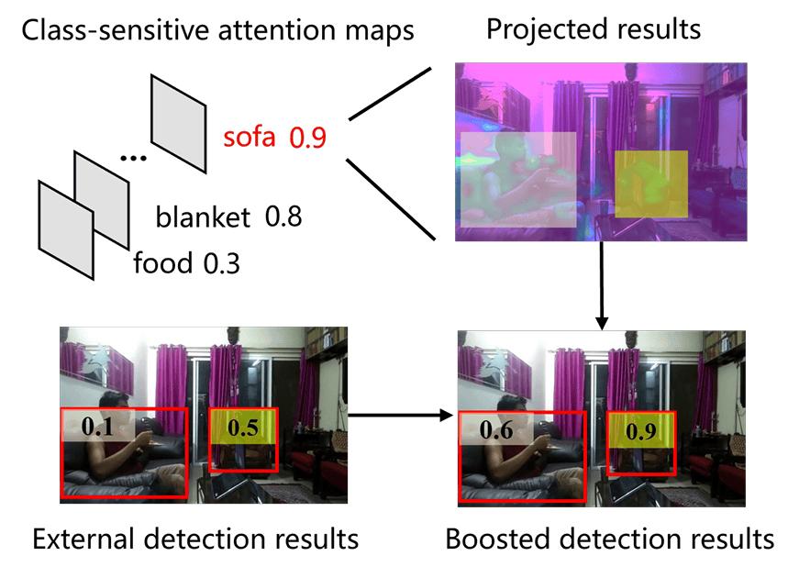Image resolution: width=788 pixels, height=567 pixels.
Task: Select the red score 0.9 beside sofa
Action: coord(307,137)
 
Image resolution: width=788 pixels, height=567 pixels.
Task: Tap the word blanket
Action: coord(203,217)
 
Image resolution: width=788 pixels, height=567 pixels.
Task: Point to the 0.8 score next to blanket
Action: coord(283,217)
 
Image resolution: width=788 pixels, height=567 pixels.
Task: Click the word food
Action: coord(162,262)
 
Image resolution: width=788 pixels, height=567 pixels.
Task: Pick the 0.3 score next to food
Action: coord(222,263)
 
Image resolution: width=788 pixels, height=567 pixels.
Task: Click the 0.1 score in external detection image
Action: coord(97,427)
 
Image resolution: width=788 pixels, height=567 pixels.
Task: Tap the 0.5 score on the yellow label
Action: coord(243,428)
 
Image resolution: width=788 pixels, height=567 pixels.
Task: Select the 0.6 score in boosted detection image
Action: coord(496,429)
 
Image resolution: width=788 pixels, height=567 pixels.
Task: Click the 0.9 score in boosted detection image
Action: coord(641,431)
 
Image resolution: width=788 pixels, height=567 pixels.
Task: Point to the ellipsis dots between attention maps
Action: coord(134,159)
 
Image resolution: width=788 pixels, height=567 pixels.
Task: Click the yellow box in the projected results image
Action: coord(651,184)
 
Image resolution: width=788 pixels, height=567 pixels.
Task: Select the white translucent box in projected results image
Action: coord(518,180)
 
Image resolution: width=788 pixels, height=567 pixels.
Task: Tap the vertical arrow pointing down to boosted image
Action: coord(601,285)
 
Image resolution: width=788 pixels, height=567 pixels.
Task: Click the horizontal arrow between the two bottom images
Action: coord(401,416)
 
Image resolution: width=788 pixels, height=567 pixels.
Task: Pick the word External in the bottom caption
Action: coord(83,539)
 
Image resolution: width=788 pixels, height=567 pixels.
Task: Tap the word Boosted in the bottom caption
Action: coord(498,539)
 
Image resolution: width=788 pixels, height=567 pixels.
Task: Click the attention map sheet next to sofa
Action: coord(178,124)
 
